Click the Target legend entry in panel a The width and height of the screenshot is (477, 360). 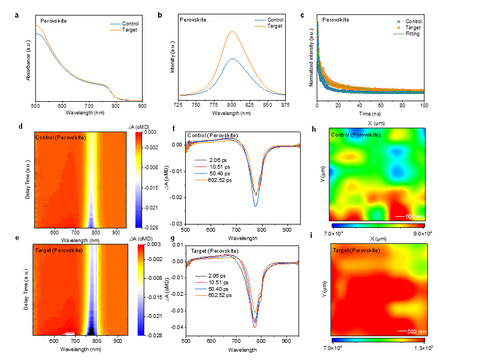[131, 30]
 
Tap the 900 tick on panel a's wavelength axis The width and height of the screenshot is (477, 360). [142, 106]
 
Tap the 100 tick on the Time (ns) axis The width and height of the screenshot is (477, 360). [424, 106]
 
